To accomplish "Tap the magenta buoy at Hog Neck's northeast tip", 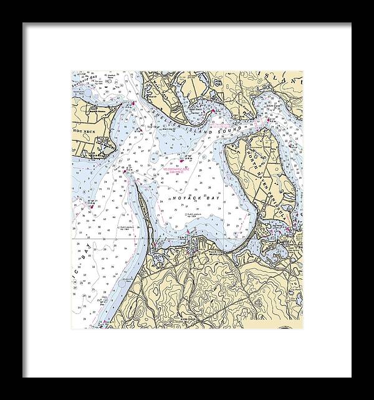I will (x=132, y=103).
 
